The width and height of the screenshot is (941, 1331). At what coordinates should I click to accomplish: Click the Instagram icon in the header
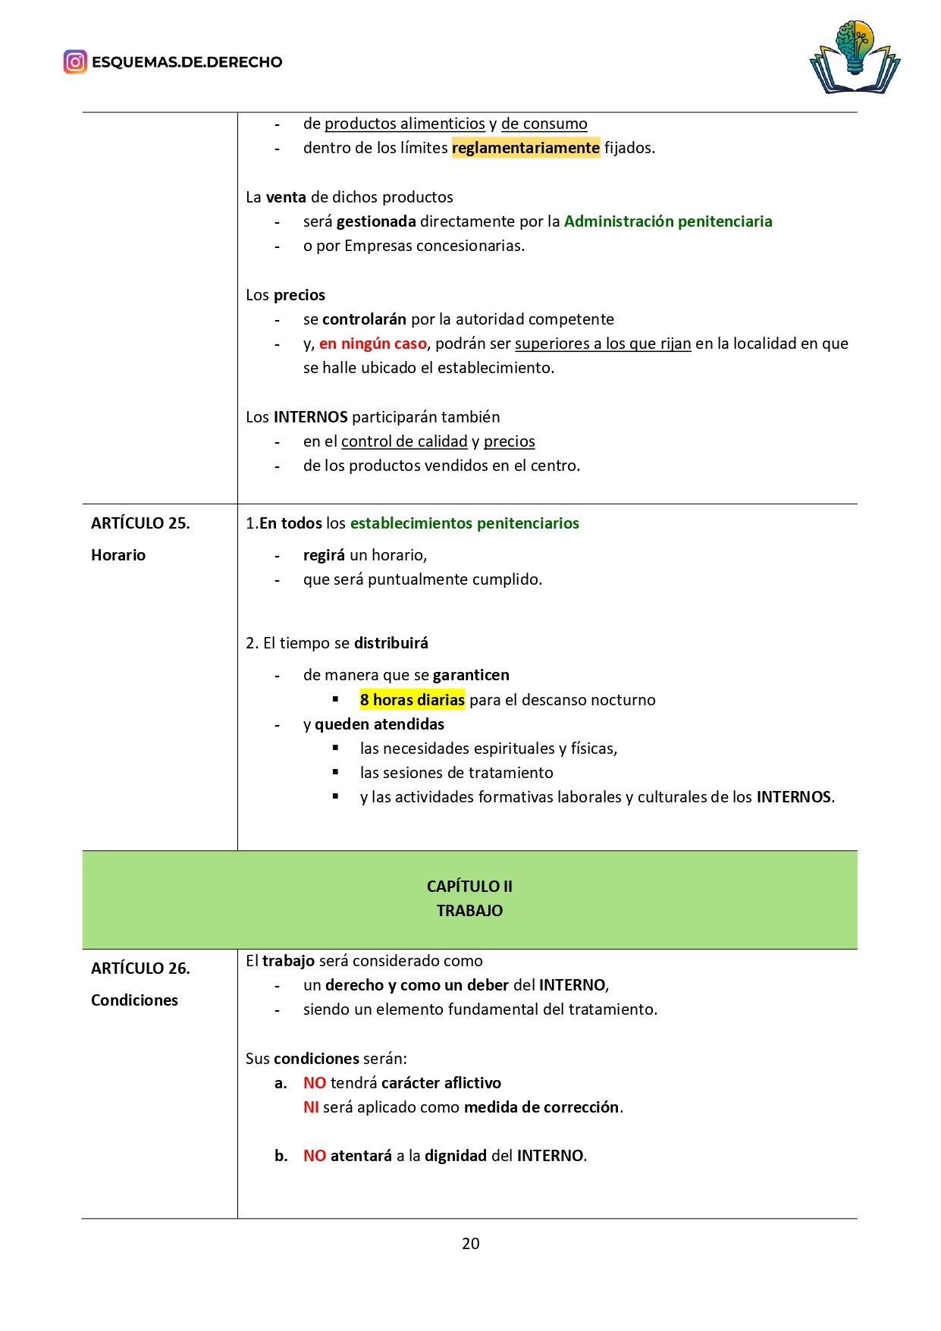75,61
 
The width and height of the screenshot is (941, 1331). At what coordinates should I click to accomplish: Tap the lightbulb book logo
855,58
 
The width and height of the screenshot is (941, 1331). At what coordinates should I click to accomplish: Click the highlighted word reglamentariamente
525,148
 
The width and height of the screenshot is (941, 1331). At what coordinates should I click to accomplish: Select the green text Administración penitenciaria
667,221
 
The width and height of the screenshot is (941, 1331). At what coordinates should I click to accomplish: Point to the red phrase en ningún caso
372,344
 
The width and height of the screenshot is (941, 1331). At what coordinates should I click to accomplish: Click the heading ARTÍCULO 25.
140,523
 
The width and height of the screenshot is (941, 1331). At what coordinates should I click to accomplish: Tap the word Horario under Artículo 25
118,555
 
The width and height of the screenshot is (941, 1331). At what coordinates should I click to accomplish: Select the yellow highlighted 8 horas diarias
412,700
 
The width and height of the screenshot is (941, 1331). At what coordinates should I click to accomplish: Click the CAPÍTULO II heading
469,887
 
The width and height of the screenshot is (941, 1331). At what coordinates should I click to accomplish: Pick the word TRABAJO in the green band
469,911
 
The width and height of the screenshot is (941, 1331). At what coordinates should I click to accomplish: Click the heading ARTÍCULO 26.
140,968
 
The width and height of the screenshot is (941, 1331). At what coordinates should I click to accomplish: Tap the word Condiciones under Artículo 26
134,1000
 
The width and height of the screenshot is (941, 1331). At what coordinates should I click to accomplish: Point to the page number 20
470,1243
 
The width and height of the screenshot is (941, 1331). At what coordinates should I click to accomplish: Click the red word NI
311,1107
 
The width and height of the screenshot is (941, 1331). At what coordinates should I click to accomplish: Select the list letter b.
281,1156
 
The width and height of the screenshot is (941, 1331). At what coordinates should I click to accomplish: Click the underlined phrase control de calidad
404,441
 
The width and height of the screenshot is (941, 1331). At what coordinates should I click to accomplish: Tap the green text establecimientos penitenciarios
464,523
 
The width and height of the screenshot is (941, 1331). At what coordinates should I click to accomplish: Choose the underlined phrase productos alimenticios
404,124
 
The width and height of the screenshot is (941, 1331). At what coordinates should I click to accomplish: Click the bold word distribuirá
391,643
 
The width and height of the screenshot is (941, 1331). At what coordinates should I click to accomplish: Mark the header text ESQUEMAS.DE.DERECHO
187,62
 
